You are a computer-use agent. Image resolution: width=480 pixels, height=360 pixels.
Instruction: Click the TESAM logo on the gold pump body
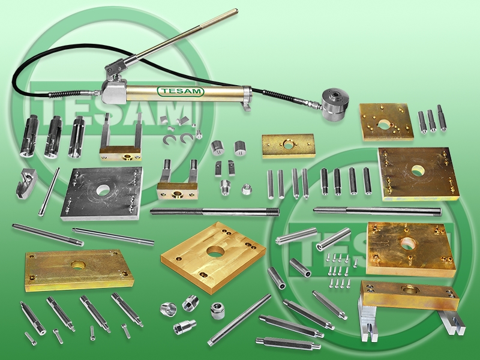[x=181, y=91]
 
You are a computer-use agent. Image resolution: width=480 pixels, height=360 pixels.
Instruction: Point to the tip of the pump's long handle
[x=236, y=11]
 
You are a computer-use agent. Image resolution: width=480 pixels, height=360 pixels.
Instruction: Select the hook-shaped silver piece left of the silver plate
[x=26, y=184]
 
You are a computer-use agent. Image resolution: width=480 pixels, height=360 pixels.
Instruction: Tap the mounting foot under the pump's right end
[x=247, y=106]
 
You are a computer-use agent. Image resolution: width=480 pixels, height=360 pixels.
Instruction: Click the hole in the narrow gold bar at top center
[x=288, y=144]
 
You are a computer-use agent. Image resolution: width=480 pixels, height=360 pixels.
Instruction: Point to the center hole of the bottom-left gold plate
[x=77, y=265]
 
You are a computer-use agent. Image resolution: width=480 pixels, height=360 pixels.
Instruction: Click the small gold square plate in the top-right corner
[x=386, y=122]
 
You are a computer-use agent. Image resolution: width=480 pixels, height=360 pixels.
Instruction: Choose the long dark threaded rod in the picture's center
[x=215, y=212]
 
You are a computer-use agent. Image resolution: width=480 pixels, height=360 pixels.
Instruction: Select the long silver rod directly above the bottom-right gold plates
[x=377, y=211]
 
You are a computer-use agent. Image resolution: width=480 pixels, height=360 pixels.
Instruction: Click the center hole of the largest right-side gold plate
[x=417, y=171]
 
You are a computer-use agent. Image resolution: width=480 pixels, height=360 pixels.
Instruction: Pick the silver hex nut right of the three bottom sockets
[x=218, y=310]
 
